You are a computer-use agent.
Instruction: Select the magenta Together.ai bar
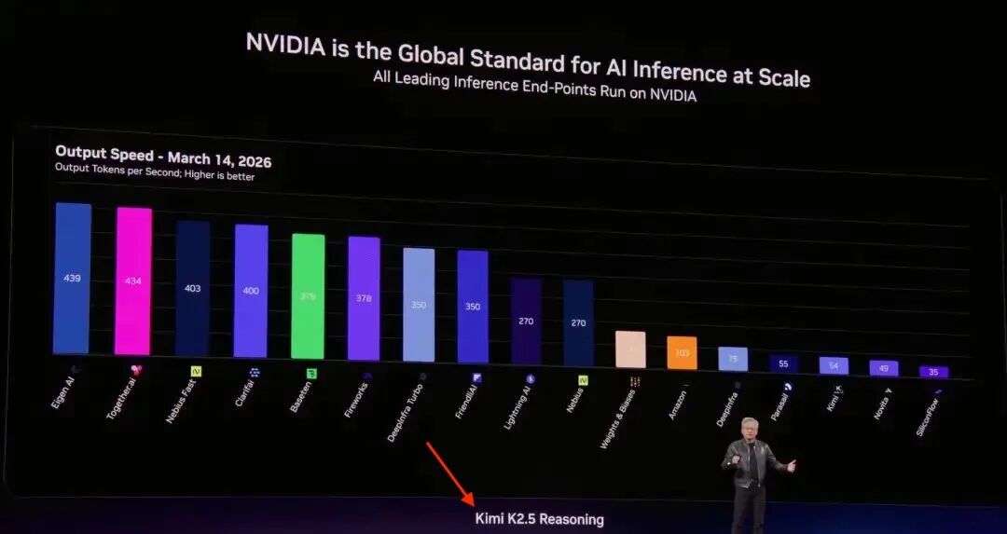tap(133, 281)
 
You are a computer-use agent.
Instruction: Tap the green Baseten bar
tap(308, 296)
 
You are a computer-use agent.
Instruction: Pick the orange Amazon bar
tap(682, 353)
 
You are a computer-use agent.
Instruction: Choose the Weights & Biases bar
tap(630, 349)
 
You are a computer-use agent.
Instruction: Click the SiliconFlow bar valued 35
tap(932, 372)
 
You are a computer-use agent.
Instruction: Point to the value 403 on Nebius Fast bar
tap(193, 289)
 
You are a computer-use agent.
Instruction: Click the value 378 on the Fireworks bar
tap(364, 299)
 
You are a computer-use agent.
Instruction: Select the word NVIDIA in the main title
tap(288, 45)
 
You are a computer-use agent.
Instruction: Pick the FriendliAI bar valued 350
tap(473, 306)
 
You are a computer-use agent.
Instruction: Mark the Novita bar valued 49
tap(884, 368)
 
